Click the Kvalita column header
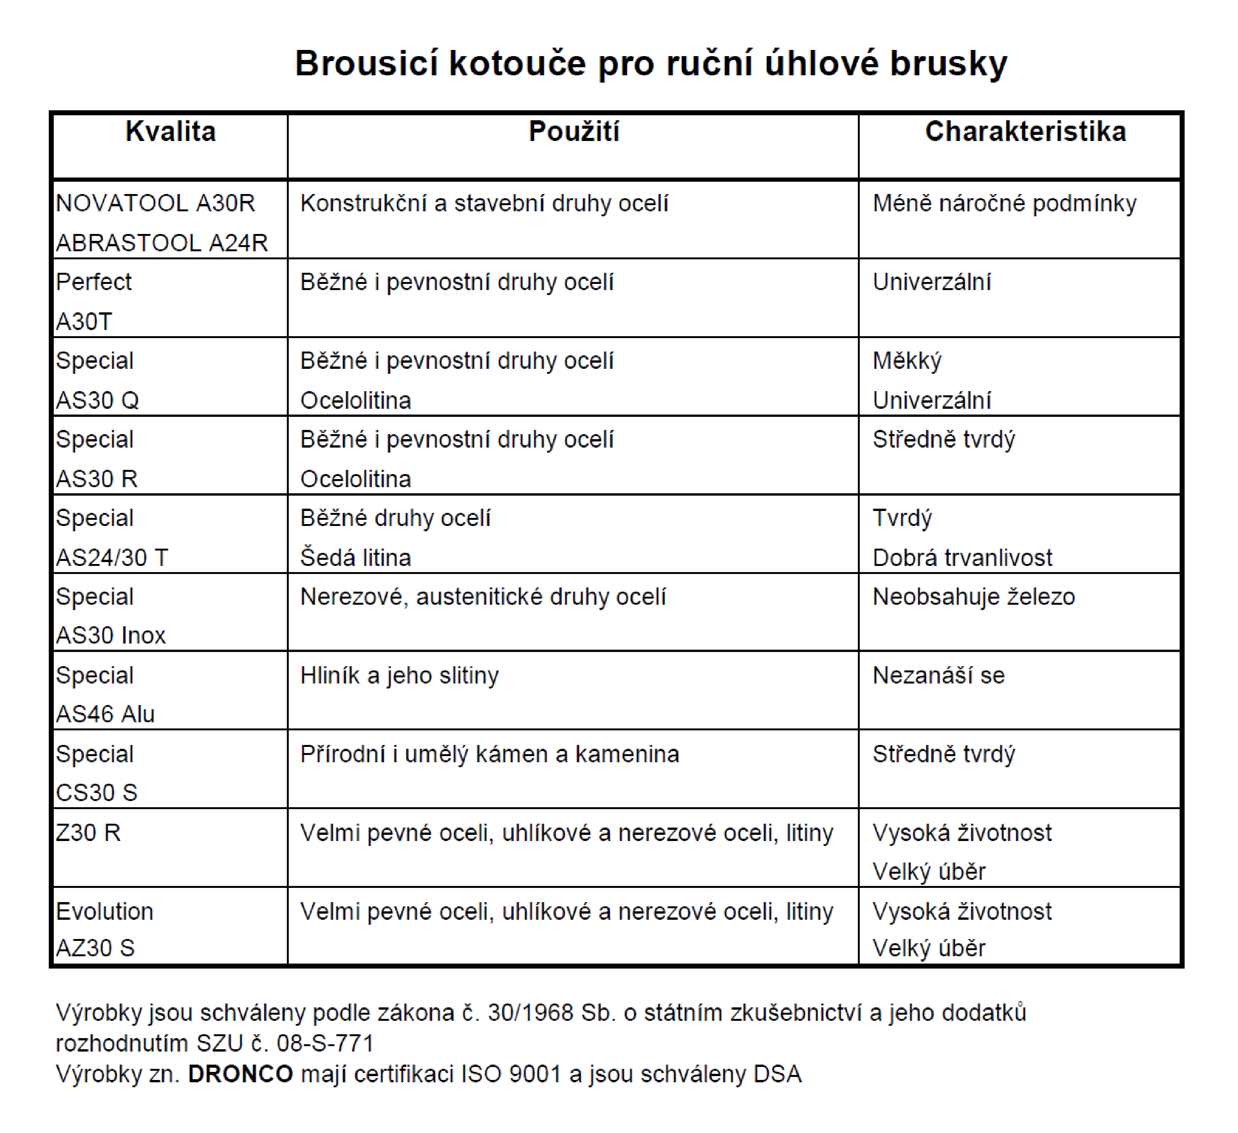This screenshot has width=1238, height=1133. point(171,131)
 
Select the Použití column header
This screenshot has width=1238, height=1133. point(574,131)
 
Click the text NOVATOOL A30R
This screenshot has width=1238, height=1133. point(156,203)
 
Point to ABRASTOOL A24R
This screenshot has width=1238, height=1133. point(162,243)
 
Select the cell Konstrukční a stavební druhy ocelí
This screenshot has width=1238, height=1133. point(484,203)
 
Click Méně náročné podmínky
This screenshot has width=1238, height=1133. point(1004,203)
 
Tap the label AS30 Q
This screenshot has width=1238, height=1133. point(98,401)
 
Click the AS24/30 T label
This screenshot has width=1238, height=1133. point(112,558)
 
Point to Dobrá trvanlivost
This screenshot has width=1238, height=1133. point(962,558)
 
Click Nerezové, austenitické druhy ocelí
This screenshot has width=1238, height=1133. point(483,597)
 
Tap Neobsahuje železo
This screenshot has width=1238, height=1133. point(973,597)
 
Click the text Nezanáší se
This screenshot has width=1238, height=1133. point(938,675)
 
